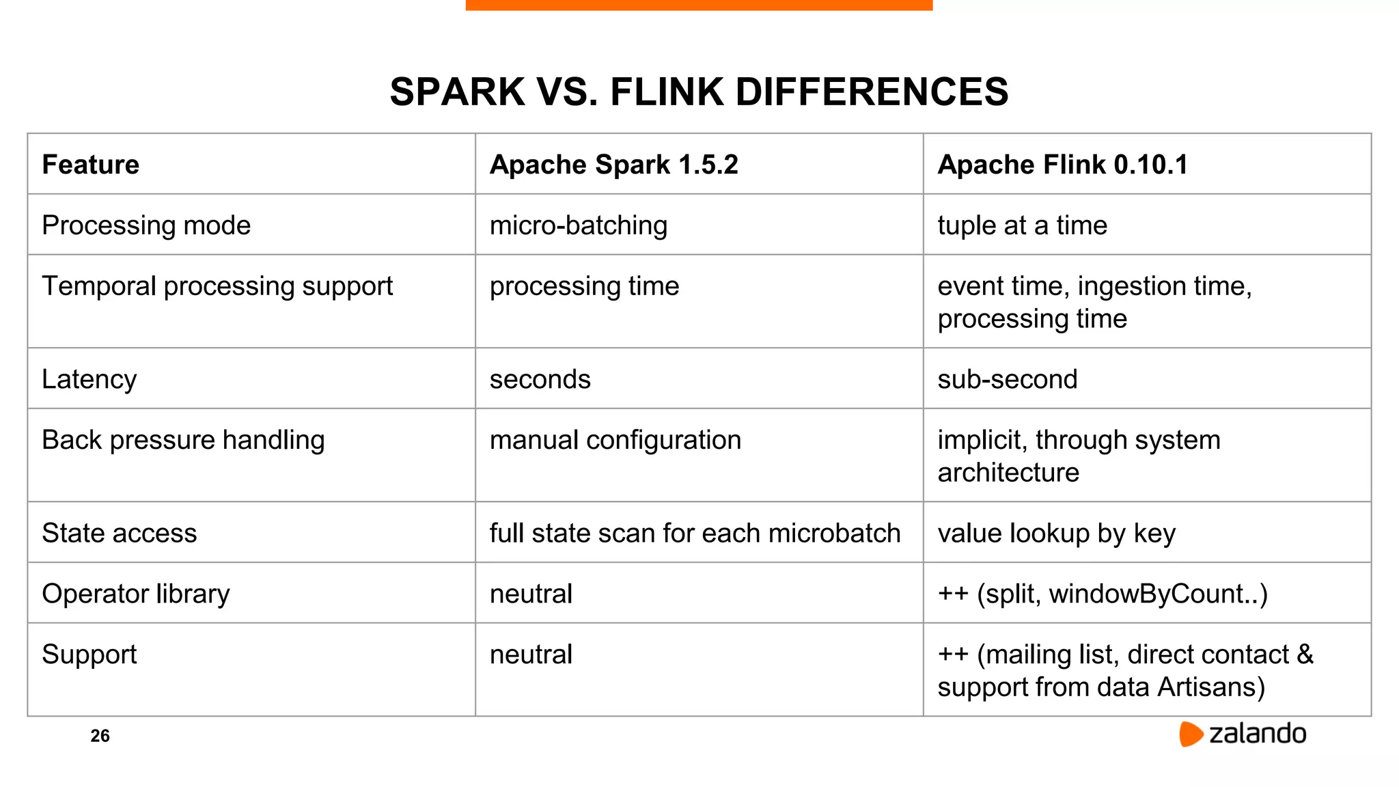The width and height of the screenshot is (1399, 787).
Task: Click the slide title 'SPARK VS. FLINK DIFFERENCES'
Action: (699, 92)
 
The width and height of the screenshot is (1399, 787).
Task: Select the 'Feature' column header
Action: (91, 165)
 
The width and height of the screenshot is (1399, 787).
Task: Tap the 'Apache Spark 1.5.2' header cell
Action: (613, 165)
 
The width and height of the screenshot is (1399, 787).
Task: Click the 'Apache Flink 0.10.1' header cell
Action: (1062, 165)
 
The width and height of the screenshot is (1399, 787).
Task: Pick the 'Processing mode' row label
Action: (146, 225)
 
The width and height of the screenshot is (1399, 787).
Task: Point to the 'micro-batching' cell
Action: (578, 225)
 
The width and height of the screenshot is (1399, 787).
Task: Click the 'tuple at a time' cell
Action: (1022, 225)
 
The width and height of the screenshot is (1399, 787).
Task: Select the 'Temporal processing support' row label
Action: (217, 286)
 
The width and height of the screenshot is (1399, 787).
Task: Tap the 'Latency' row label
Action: (89, 379)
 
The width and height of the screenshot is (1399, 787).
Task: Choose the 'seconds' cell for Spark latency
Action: (540, 379)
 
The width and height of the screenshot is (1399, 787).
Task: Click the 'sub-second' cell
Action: (1007, 379)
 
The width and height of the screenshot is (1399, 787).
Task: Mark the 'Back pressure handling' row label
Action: (183, 440)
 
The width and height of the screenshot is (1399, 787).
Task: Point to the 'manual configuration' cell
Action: (615, 440)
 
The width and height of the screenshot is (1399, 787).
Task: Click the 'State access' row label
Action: (120, 533)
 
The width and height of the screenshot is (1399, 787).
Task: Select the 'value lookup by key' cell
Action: (1056, 533)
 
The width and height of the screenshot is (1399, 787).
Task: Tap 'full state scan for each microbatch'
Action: (695, 533)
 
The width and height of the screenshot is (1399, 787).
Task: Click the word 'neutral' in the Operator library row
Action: (531, 594)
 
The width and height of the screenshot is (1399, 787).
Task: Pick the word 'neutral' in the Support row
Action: (531, 654)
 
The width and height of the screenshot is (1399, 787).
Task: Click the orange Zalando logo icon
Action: (1191, 734)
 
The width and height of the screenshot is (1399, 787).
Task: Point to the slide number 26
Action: (100, 736)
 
